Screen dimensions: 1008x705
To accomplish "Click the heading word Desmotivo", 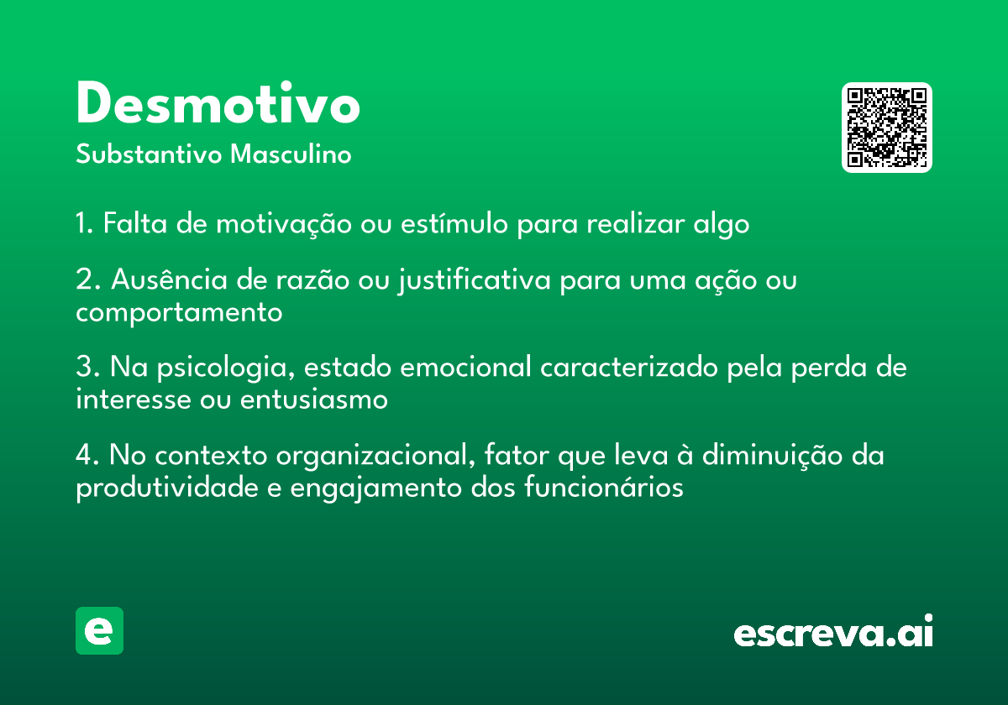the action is [218, 102].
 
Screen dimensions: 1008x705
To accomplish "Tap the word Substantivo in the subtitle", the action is [149, 154].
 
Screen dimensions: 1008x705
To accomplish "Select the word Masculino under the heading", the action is [291, 154].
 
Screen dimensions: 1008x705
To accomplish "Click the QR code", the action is [886, 128].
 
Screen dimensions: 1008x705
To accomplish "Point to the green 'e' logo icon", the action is [99, 630].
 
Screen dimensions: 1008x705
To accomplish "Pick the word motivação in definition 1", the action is [284, 224].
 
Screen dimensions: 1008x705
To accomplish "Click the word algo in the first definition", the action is [722, 224].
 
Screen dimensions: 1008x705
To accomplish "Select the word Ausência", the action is [170, 279].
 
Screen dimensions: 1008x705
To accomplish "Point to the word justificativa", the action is [474, 280].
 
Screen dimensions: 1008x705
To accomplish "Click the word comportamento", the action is [179, 313].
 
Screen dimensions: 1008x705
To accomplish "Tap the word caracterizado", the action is [629, 367].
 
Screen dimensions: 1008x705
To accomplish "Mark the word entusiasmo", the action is [313, 399].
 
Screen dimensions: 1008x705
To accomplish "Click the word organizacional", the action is [375, 457].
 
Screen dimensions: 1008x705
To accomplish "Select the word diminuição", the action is [773, 456].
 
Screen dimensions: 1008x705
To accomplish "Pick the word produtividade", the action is [167, 488].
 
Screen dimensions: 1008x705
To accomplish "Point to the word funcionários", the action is [604, 487].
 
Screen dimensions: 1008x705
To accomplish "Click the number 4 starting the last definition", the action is [84, 455].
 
